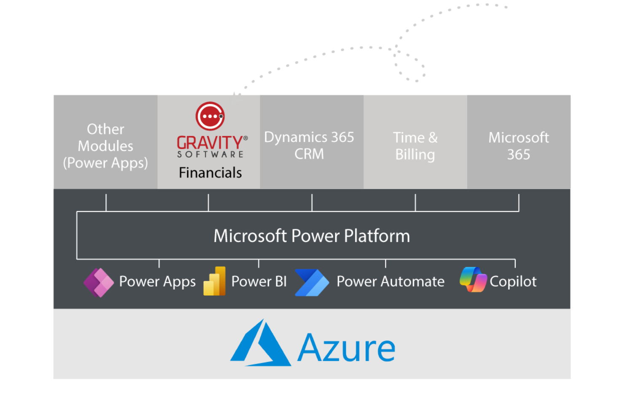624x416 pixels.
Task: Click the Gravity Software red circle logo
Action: pyautogui.click(x=210, y=116)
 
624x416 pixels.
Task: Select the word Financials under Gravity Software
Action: pyautogui.click(x=210, y=173)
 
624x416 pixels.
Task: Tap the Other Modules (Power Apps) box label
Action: pyautogui.click(x=105, y=146)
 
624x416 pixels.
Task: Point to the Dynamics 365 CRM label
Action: pyautogui.click(x=309, y=145)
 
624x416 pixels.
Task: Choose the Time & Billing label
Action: pyautogui.click(x=415, y=146)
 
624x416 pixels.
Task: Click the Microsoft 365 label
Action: pyautogui.click(x=519, y=146)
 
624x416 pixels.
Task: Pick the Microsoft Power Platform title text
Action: pyautogui.click(x=312, y=236)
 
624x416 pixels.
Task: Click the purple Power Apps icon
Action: pyautogui.click(x=99, y=282)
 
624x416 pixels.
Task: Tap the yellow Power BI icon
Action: pyautogui.click(x=215, y=281)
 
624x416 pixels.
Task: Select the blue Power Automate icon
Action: pyautogui.click(x=312, y=282)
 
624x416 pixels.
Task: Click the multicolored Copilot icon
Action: pyautogui.click(x=473, y=280)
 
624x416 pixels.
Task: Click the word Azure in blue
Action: pyautogui.click(x=346, y=348)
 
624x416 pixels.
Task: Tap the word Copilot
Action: pyautogui.click(x=513, y=282)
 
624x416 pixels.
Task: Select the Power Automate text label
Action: pyautogui.click(x=390, y=282)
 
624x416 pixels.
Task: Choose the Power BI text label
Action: pyautogui.click(x=259, y=282)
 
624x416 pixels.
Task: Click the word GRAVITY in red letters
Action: pyautogui.click(x=210, y=143)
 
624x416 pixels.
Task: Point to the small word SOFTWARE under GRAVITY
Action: pyautogui.click(x=210, y=155)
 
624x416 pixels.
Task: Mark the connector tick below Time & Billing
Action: pyautogui.click(x=415, y=202)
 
